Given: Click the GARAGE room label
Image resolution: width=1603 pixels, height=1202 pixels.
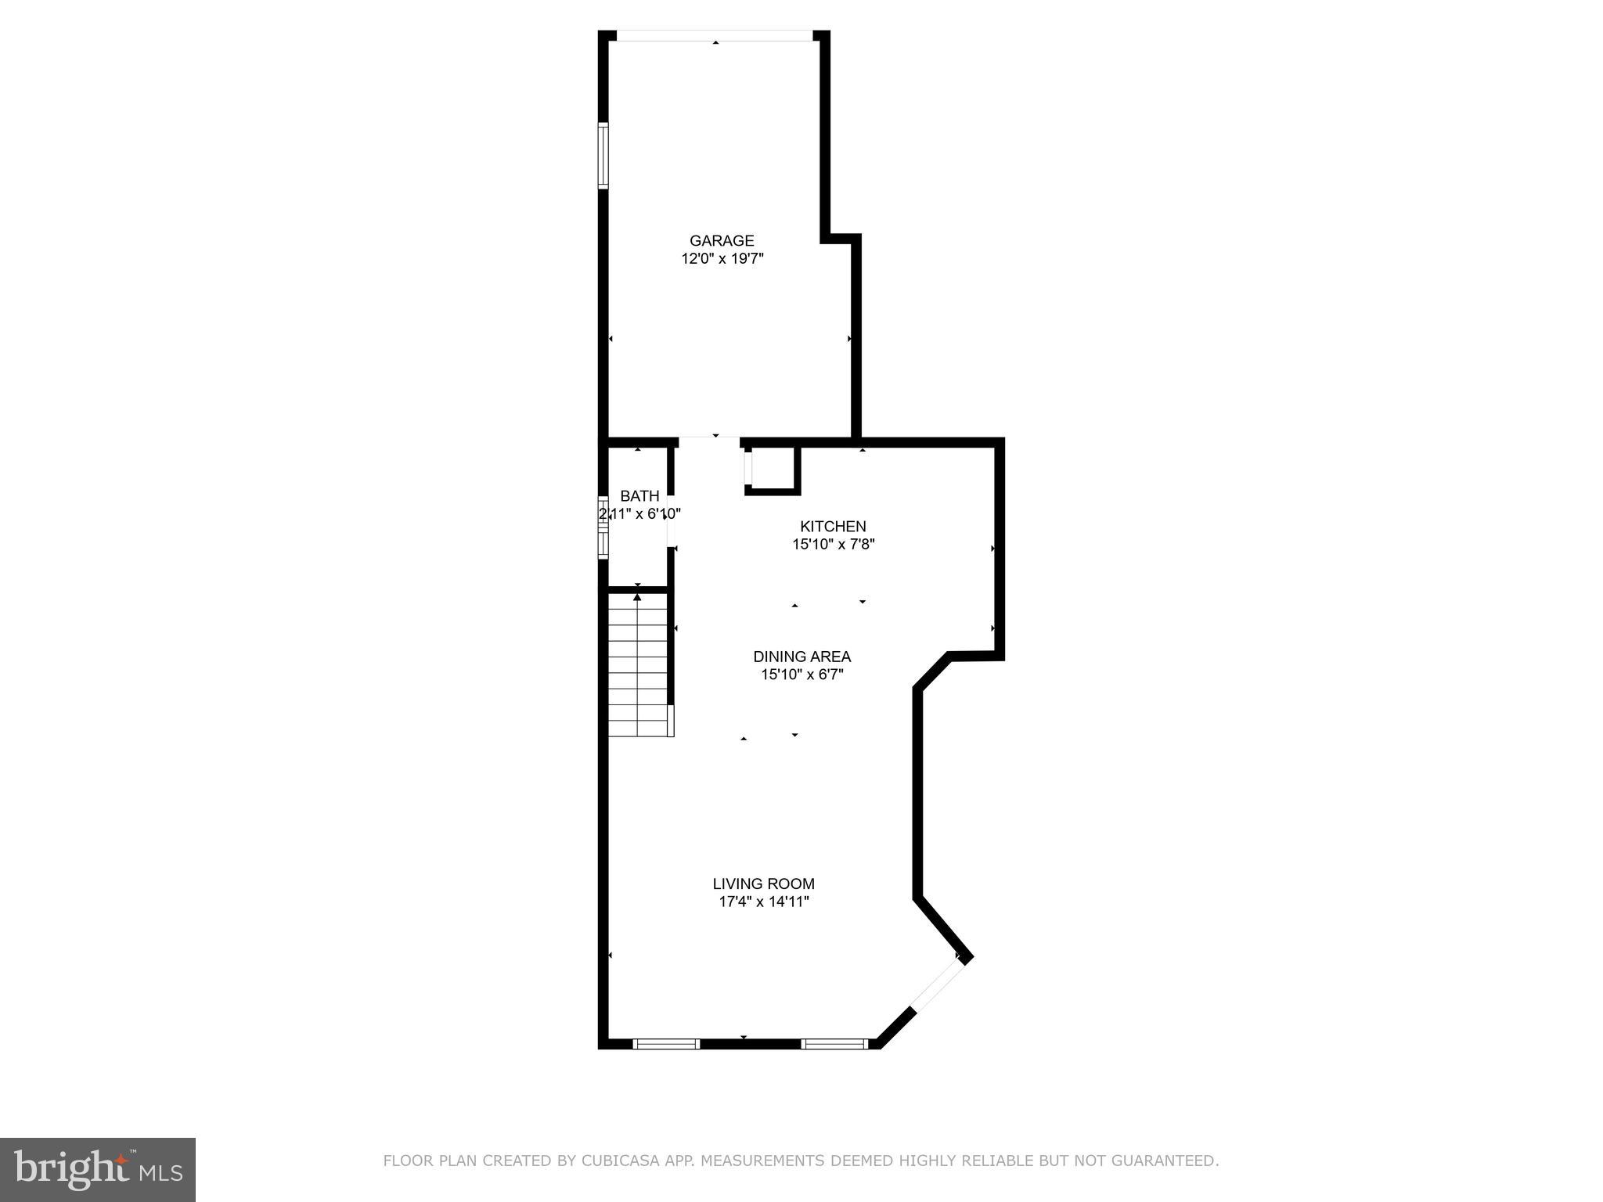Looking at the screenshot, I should [722, 241].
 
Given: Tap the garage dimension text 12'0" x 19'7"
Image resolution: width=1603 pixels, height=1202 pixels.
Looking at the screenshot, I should [722, 259].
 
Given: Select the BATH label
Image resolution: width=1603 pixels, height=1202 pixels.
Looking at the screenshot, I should [639, 496].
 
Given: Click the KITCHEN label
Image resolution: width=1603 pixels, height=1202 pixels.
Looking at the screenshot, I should [833, 527].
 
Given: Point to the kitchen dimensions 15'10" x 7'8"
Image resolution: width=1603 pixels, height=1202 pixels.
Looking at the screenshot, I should [833, 545].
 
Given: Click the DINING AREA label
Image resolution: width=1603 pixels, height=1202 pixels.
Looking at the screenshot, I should [801, 657].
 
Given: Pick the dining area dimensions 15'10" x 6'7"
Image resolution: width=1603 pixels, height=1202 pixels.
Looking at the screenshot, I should [801, 675].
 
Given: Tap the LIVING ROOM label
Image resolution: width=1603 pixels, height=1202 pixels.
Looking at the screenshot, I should [763, 884].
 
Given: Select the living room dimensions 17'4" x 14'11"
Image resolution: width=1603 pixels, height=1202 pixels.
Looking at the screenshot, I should [763, 901].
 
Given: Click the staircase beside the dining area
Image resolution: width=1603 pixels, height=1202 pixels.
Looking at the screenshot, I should [639, 665].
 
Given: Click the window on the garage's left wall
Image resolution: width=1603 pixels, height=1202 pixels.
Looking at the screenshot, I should [603, 155].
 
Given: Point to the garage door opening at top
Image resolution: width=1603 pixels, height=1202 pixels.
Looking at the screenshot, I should [715, 36].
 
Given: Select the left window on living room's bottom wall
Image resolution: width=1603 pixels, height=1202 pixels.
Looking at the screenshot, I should [666, 1043].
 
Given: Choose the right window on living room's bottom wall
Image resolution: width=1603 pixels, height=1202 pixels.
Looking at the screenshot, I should [834, 1043].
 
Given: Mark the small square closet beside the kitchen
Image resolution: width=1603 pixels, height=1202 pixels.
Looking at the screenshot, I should [773, 469].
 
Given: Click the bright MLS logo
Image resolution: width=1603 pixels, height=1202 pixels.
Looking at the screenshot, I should [98, 1169].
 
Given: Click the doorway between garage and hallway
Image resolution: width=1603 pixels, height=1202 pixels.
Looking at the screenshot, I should [709, 441].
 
